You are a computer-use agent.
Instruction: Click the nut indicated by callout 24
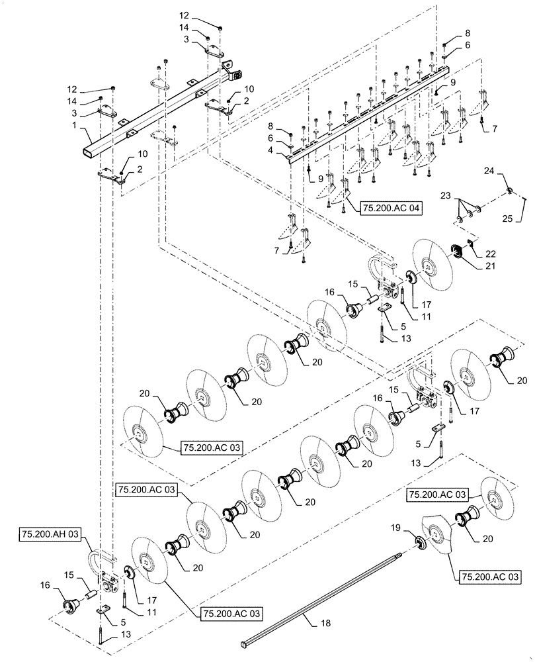point(509,191)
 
